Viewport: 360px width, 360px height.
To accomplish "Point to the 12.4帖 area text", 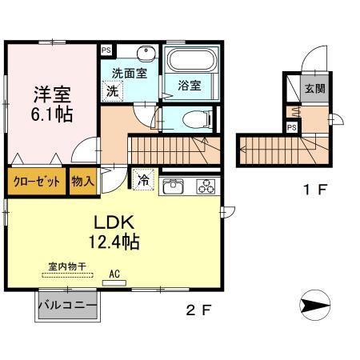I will click(115, 240).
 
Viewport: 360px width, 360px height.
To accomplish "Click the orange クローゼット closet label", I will click(37, 182).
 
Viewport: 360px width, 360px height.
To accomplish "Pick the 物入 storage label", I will click(82, 182).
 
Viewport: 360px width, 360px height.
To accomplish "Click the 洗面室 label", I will click(128, 73).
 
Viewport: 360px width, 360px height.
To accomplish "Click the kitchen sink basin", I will click(174, 188).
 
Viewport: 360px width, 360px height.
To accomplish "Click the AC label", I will click(114, 273).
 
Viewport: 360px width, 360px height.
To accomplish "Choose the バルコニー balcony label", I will click(66, 306).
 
